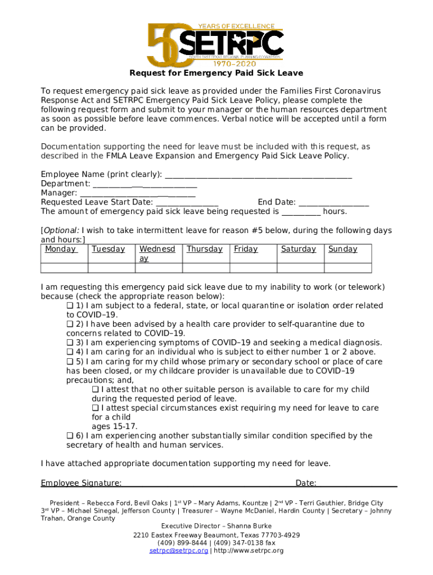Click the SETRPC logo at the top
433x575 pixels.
[215, 44]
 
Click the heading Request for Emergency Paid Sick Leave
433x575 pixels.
[216, 73]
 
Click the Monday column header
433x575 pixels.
[61, 249]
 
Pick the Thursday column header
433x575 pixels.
[205, 249]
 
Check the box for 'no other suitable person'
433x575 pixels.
[95, 390]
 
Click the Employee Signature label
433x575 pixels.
[81, 483]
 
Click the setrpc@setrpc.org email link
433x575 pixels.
[178, 551]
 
